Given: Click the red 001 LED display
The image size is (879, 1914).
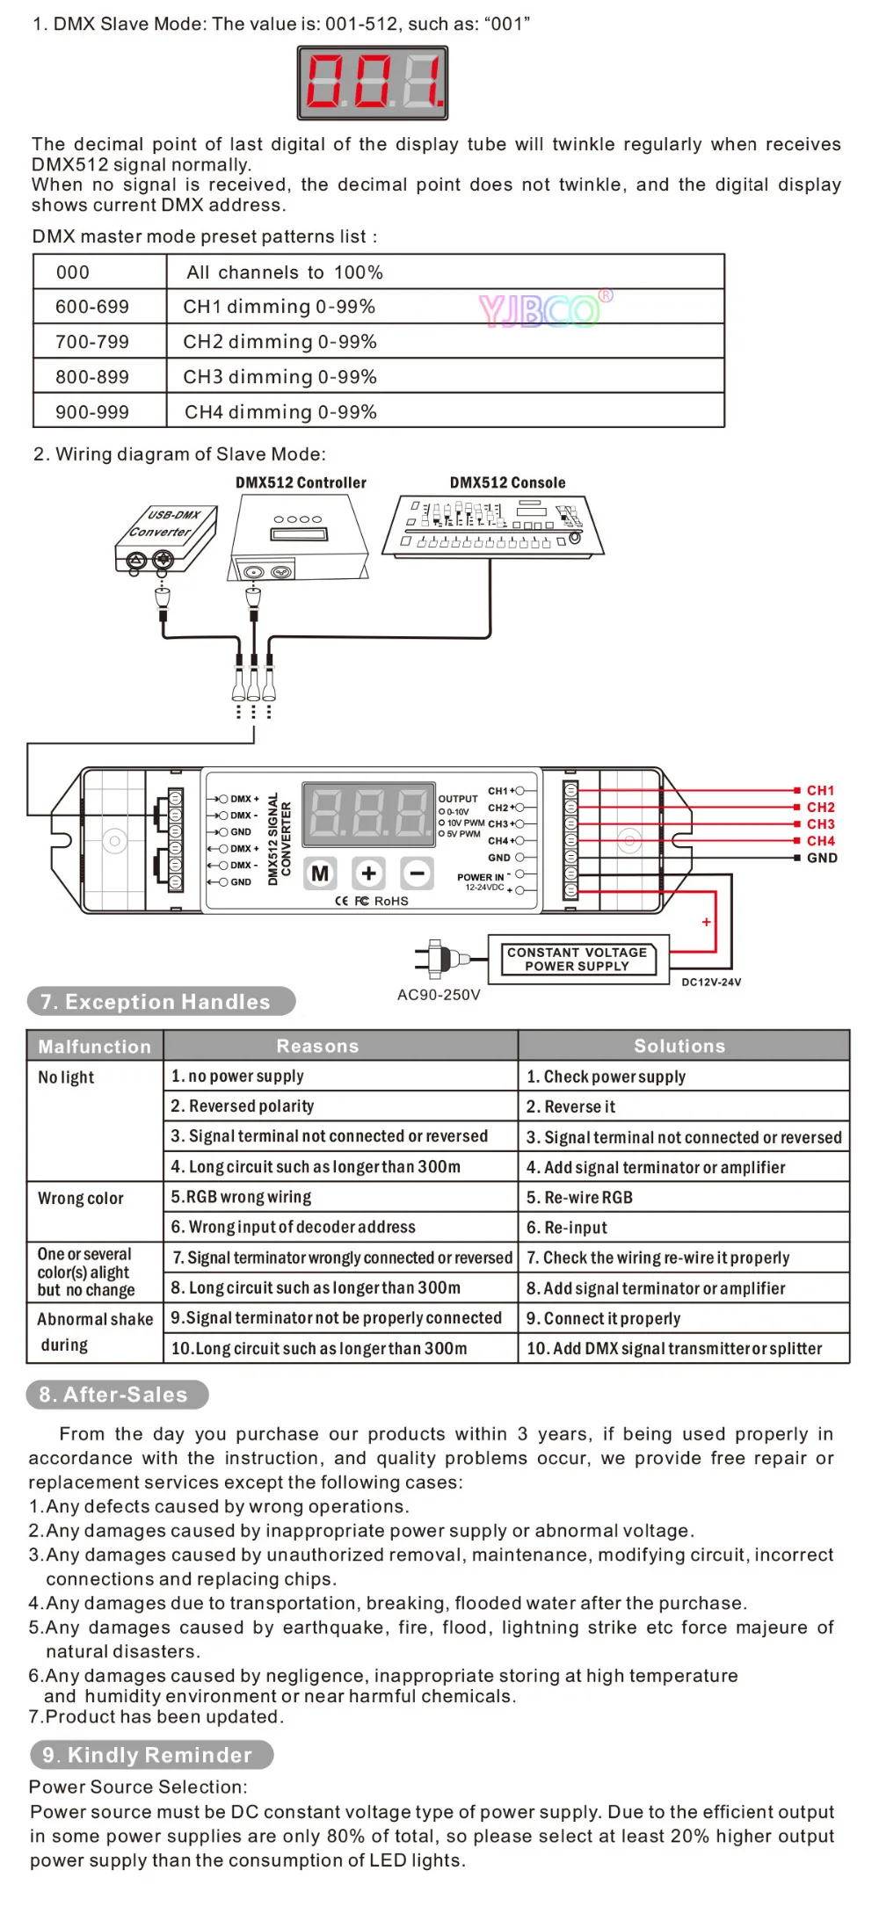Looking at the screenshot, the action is [x=373, y=83].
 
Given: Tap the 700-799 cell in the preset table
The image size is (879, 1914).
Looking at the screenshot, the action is [x=99, y=341].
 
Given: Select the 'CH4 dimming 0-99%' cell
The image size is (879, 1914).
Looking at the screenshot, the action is [x=446, y=411].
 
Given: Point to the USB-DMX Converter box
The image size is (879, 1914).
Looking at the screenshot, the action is [x=165, y=540].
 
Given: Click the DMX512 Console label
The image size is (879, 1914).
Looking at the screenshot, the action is [x=507, y=482].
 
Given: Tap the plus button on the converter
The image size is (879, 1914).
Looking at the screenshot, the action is [x=368, y=874].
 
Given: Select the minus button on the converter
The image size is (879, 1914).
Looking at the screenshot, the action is [x=417, y=874].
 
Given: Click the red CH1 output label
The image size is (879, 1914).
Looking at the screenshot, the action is [x=820, y=791].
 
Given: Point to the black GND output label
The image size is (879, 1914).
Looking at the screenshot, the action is [x=822, y=858].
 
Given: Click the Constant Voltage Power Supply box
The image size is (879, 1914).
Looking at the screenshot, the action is [x=578, y=959].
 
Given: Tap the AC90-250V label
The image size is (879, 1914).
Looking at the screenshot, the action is [x=439, y=995].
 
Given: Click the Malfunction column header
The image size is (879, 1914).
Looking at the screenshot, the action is [x=95, y=1046].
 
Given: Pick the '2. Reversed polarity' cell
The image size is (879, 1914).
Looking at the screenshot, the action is [x=341, y=1106].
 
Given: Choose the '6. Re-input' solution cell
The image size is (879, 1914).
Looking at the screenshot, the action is [x=684, y=1227].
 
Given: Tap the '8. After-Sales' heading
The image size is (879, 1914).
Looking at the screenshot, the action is [x=118, y=1395].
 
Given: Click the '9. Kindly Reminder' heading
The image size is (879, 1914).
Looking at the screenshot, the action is [x=151, y=1755].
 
